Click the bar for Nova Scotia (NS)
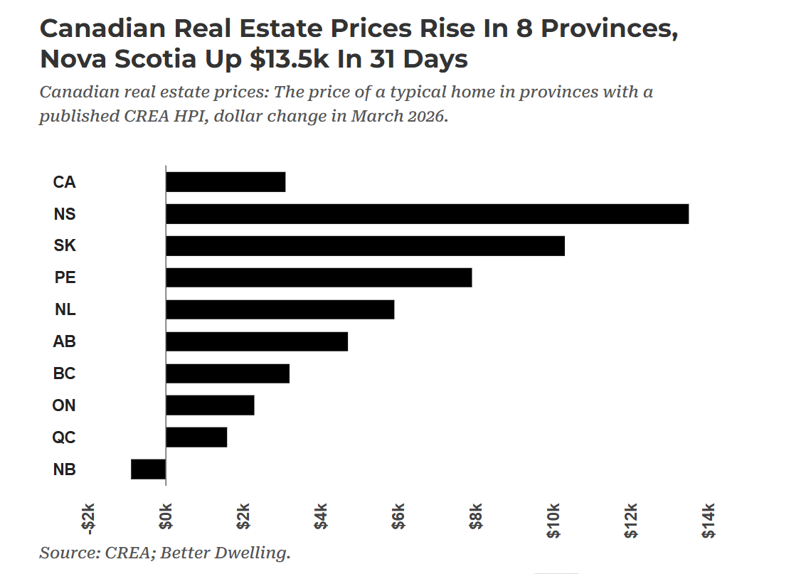click(x=427, y=213)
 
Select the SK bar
click(x=365, y=245)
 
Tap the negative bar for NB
click(x=148, y=469)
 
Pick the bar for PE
click(x=319, y=277)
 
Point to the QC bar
click(x=196, y=437)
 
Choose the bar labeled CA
click(x=226, y=182)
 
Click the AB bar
click(x=257, y=341)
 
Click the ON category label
click(x=64, y=405)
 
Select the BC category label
click(x=64, y=373)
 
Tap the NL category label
click(x=65, y=310)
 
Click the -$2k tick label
click(x=88, y=521)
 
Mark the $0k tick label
click(x=166, y=521)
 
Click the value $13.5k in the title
click(x=289, y=59)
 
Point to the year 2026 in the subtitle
click(x=425, y=116)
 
